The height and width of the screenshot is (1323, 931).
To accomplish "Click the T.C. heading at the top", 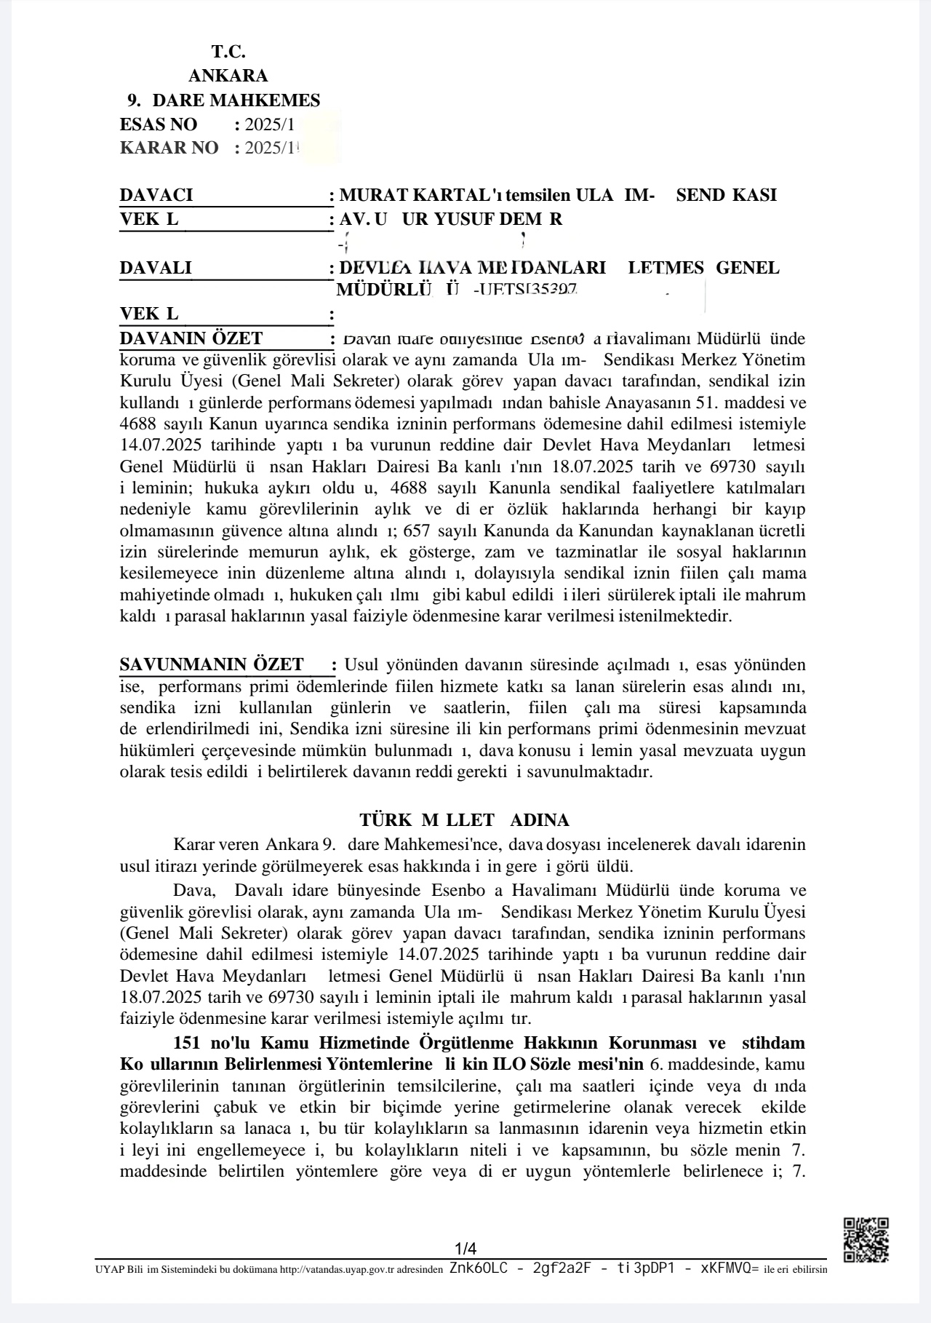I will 228,52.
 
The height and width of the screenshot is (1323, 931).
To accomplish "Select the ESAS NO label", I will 158,124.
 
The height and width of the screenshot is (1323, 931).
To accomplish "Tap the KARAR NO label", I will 169,148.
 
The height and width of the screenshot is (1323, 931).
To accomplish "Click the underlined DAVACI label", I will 156,195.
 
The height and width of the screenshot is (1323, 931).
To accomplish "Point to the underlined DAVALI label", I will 156,268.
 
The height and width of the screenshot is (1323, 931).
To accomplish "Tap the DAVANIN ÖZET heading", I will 191,338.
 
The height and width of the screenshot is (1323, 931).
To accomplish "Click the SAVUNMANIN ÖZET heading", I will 211,664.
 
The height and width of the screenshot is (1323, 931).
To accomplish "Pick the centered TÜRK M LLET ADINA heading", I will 464,820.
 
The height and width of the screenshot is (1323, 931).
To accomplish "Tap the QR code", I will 865,1239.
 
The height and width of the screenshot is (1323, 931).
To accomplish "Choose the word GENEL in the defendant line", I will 747,268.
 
